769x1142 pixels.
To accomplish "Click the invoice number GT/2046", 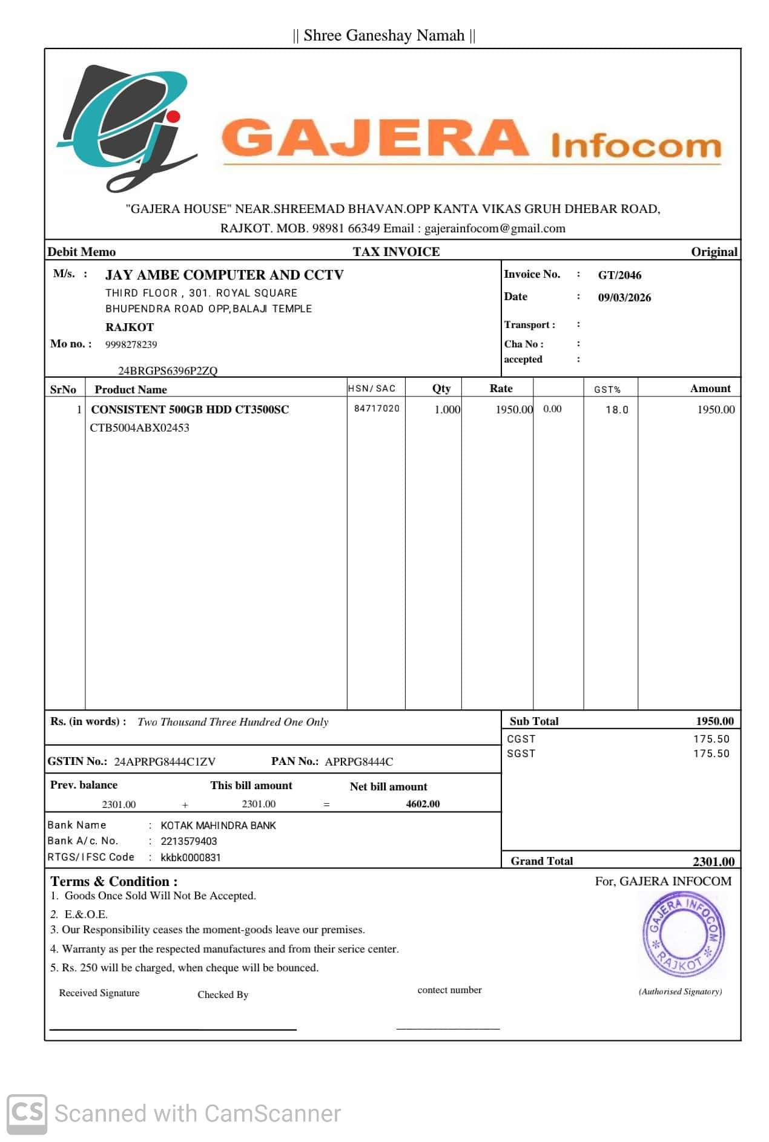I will click(619, 275).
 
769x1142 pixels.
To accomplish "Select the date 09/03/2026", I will click(624, 298).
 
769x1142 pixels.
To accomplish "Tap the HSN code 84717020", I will click(377, 409).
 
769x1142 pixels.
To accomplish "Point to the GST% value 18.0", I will click(617, 410).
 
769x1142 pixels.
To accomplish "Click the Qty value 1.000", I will click(447, 410).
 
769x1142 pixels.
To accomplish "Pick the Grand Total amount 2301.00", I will click(713, 861).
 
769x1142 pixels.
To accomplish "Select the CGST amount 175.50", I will click(711, 739).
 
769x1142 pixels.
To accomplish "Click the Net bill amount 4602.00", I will click(423, 804).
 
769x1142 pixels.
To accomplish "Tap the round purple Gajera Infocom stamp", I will click(683, 934).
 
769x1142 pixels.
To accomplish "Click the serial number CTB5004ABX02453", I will click(139, 428).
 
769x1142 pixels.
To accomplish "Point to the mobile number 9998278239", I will click(131, 345).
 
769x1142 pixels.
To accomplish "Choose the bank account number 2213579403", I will click(188, 841).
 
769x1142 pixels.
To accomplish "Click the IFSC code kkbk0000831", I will click(191, 858).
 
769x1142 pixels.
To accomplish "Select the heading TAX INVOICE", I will click(396, 252).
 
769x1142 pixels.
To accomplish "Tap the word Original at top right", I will click(714, 252).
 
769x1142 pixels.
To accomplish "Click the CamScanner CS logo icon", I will click(27, 1113).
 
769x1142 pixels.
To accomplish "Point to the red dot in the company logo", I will click(174, 116).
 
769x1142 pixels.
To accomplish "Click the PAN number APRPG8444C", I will click(358, 762).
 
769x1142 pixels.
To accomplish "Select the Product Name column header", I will click(130, 390).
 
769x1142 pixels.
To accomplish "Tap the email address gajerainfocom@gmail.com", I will click(495, 229).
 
